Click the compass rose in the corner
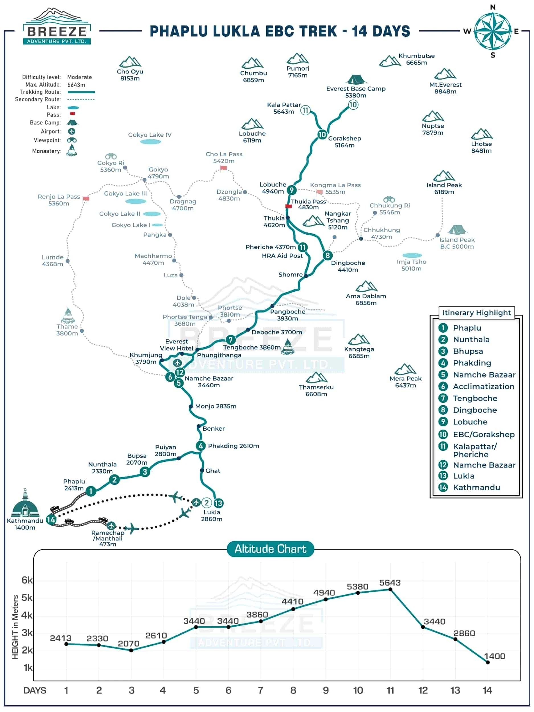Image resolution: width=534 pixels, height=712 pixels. pyautogui.click(x=492, y=31)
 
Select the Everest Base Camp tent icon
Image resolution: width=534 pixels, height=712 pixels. pyautogui.click(x=356, y=79)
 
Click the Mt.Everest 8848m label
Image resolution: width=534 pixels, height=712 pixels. pyautogui.click(x=445, y=88)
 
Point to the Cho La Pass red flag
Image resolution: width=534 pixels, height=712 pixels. pyautogui.click(x=223, y=168)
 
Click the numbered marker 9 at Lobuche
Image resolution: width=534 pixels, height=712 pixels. pyautogui.click(x=292, y=190)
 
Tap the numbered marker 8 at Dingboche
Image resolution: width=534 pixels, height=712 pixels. pyautogui.click(x=327, y=255)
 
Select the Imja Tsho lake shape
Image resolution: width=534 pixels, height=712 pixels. pyautogui.click(x=412, y=255)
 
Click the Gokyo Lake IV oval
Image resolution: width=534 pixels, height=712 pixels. pyautogui.click(x=150, y=142)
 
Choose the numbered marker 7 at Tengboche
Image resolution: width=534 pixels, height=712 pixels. pyautogui.click(x=230, y=339)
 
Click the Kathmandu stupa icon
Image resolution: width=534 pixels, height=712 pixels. pyautogui.click(x=25, y=504)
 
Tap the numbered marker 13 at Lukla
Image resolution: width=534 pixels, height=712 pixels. pyautogui.click(x=218, y=503)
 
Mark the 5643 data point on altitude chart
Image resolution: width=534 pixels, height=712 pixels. pyautogui.click(x=390, y=589)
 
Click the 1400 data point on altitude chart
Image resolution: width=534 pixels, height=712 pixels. pyautogui.click(x=488, y=662)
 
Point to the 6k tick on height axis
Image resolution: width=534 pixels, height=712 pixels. pyautogui.click(x=27, y=580)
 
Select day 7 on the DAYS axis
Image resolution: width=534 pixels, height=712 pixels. pyautogui.click(x=260, y=690)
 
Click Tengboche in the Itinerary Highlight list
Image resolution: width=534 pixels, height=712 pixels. pyautogui.click(x=475, y=398)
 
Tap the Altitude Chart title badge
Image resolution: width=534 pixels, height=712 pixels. pyautogui.click(x=270, y=549)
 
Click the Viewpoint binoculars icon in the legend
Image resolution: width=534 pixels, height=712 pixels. pyautogui.click(x=71, y=140)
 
